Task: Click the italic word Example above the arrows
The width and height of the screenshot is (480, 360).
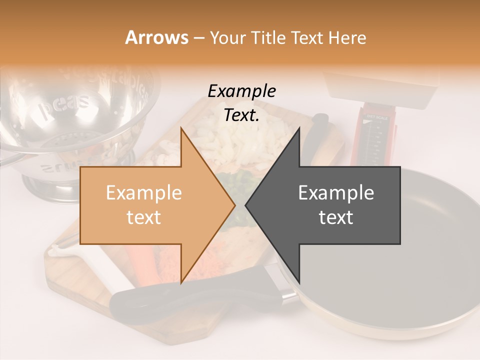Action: click(241, 91)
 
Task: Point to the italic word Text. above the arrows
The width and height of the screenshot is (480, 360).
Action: click(241, 115)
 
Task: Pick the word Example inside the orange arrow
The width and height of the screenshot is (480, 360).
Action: click(144, 193)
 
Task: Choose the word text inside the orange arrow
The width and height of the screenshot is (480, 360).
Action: click(144, 217)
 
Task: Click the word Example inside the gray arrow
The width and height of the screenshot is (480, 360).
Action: click(336, 193)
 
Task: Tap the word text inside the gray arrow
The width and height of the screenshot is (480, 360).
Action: click(336, 217)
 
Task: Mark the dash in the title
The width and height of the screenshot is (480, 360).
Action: click(198, 38)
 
